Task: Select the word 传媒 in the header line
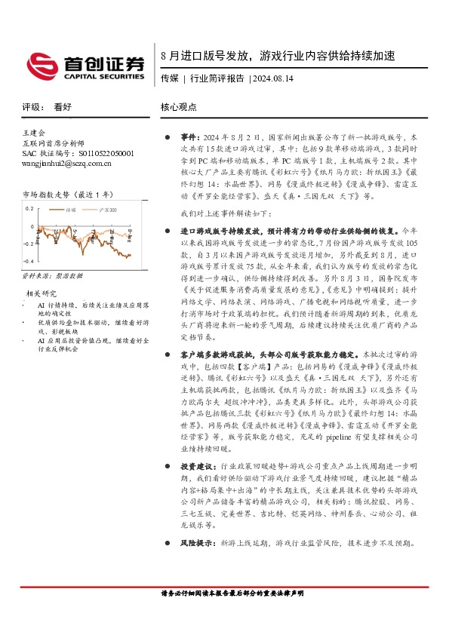(169, 78)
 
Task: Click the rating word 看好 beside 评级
(62, 108)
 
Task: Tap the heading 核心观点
(179, 108)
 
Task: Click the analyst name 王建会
(35, 133)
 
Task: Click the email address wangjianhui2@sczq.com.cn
(66, 163)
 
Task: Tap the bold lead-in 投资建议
(197, 467)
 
